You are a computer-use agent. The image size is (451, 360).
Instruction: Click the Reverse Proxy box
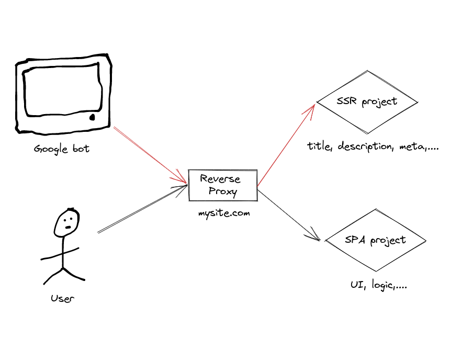pyautogui.click(x=223, y=185)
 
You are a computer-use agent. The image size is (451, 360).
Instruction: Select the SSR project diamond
pyautogui.click(x=367, y=102)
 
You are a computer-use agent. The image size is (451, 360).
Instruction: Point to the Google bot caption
pyautogui.click(x=61, y=149)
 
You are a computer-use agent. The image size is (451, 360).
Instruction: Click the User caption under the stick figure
pyautogui.click(x=62, y=299)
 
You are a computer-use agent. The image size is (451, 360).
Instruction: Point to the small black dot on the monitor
pyautogui.click(x=93, y=117)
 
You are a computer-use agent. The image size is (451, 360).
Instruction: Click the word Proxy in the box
pyautogui.click(x=223, y=192)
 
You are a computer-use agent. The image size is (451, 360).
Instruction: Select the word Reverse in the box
pyautogui.click(x=220, y=179)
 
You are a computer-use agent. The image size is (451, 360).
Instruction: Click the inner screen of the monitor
pyautogui.click(x=60, y=90)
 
